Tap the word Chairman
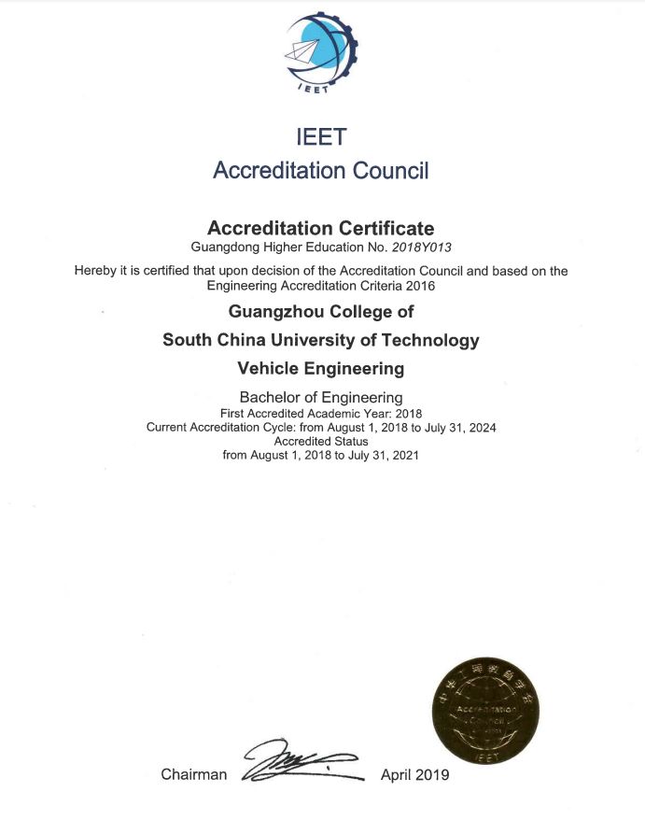(193, 775)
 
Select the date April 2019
(414, 775)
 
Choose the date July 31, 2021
(383, 456)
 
